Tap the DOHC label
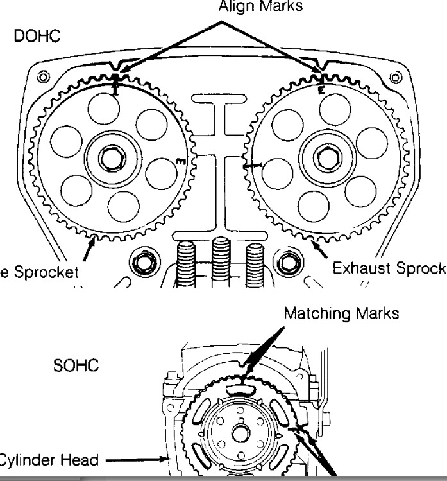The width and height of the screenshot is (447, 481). pyautogui.click(x=37, y=36)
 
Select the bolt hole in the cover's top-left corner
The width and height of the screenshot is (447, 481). pyautogui.click(x=42, y=78)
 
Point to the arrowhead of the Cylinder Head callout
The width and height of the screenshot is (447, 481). pyautogui.click(x=163, y=459)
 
